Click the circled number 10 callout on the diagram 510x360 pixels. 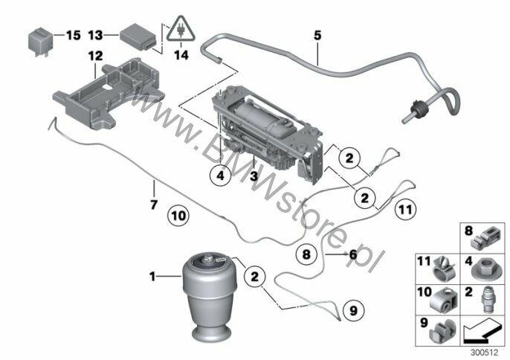pos(178,216)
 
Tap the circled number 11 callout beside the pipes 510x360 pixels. pos(402,210)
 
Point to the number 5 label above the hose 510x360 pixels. pos(317,35)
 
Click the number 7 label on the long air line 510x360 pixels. pos(155,204)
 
